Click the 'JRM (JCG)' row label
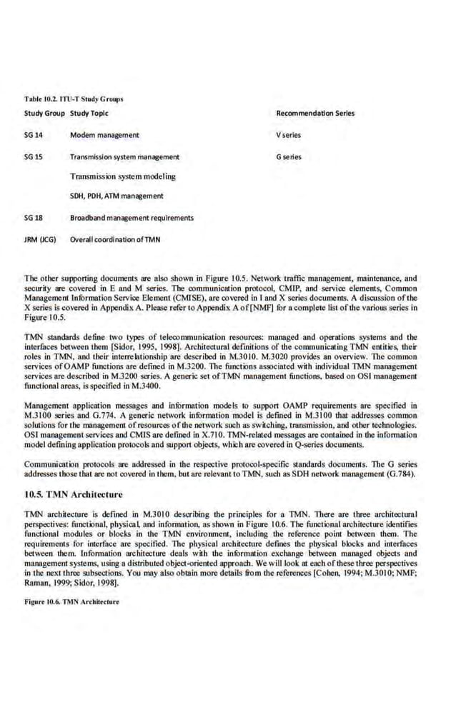40,239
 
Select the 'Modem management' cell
104,134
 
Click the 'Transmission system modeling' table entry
122,176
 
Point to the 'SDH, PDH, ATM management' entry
117,196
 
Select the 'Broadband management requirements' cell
132,218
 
